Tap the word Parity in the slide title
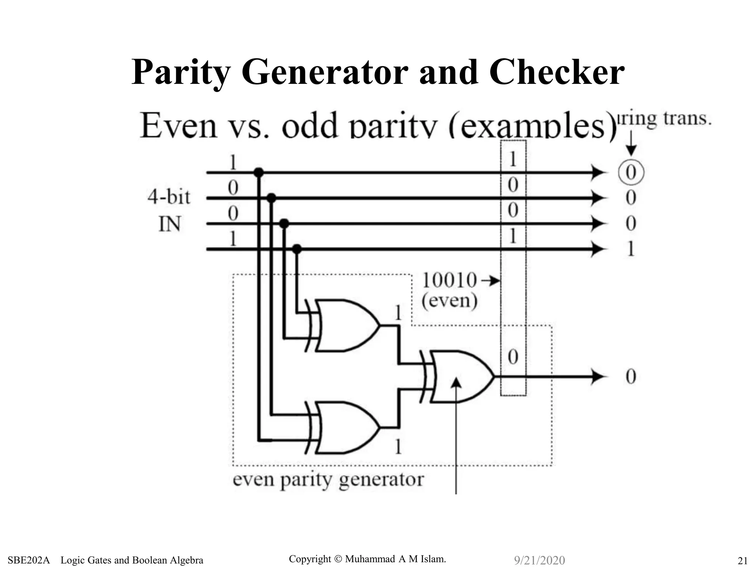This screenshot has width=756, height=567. [x=181, y=73]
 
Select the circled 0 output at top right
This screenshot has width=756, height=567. [x=631, y=172]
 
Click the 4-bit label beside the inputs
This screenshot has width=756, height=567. [x=169, y=196]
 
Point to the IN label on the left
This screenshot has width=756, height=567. [x=169, y=224]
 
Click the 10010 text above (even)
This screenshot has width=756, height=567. [x=449, y=280]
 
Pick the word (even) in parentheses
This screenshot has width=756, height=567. [x=450, y=300]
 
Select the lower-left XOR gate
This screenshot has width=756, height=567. [x=345, y=427]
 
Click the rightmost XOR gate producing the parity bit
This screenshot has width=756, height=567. [x=460, y=377]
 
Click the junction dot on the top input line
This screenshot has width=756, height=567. [x=259, y=172]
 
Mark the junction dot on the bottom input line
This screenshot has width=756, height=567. [x=297, y=249]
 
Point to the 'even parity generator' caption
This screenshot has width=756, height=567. [x=328, y=480]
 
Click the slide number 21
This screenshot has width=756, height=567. [x=742, y=560]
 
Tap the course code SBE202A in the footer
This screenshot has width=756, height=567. [x=28, y=560]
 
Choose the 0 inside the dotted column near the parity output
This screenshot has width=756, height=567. [x=513, y=357]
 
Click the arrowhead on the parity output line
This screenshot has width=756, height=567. [x=598, y=377]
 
